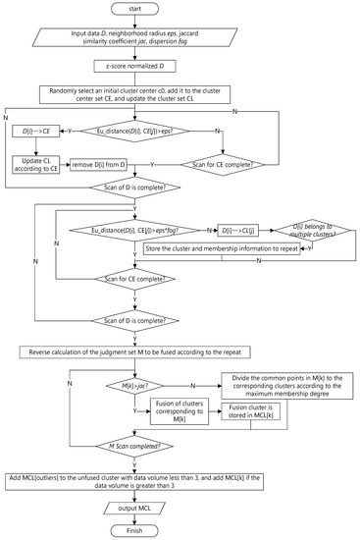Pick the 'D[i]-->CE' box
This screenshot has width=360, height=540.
click(35, 131)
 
